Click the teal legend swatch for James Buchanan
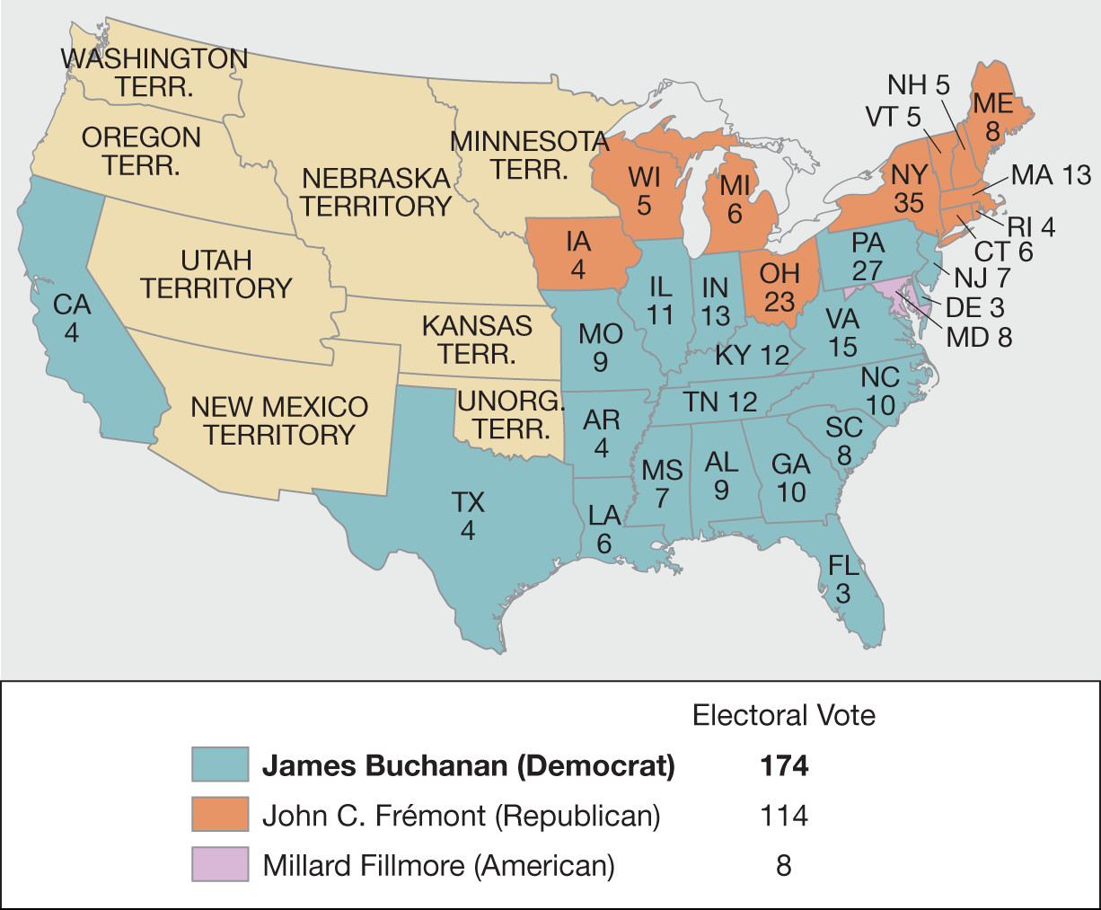click(219, 765)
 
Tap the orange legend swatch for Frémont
click(219, 815)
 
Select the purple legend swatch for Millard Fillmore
click(219, 865)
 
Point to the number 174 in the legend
click(783, 765)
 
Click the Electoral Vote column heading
click(783, 715)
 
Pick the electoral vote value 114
click(783, 816)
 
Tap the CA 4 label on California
click(72, 318)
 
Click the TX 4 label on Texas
click(468, 516)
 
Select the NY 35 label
click(908, 189)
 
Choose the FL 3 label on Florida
click(843, 579)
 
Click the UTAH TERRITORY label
click(216, 274)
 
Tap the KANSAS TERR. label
click(477, 339)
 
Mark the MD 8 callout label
click(979, 337)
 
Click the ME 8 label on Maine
click(992, 118)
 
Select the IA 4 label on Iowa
click(578, 254)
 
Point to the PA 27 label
click(868, 257)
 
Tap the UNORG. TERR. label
click(511, 414)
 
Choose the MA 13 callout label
click(1051, 174)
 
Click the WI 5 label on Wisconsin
click(644, 190)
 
